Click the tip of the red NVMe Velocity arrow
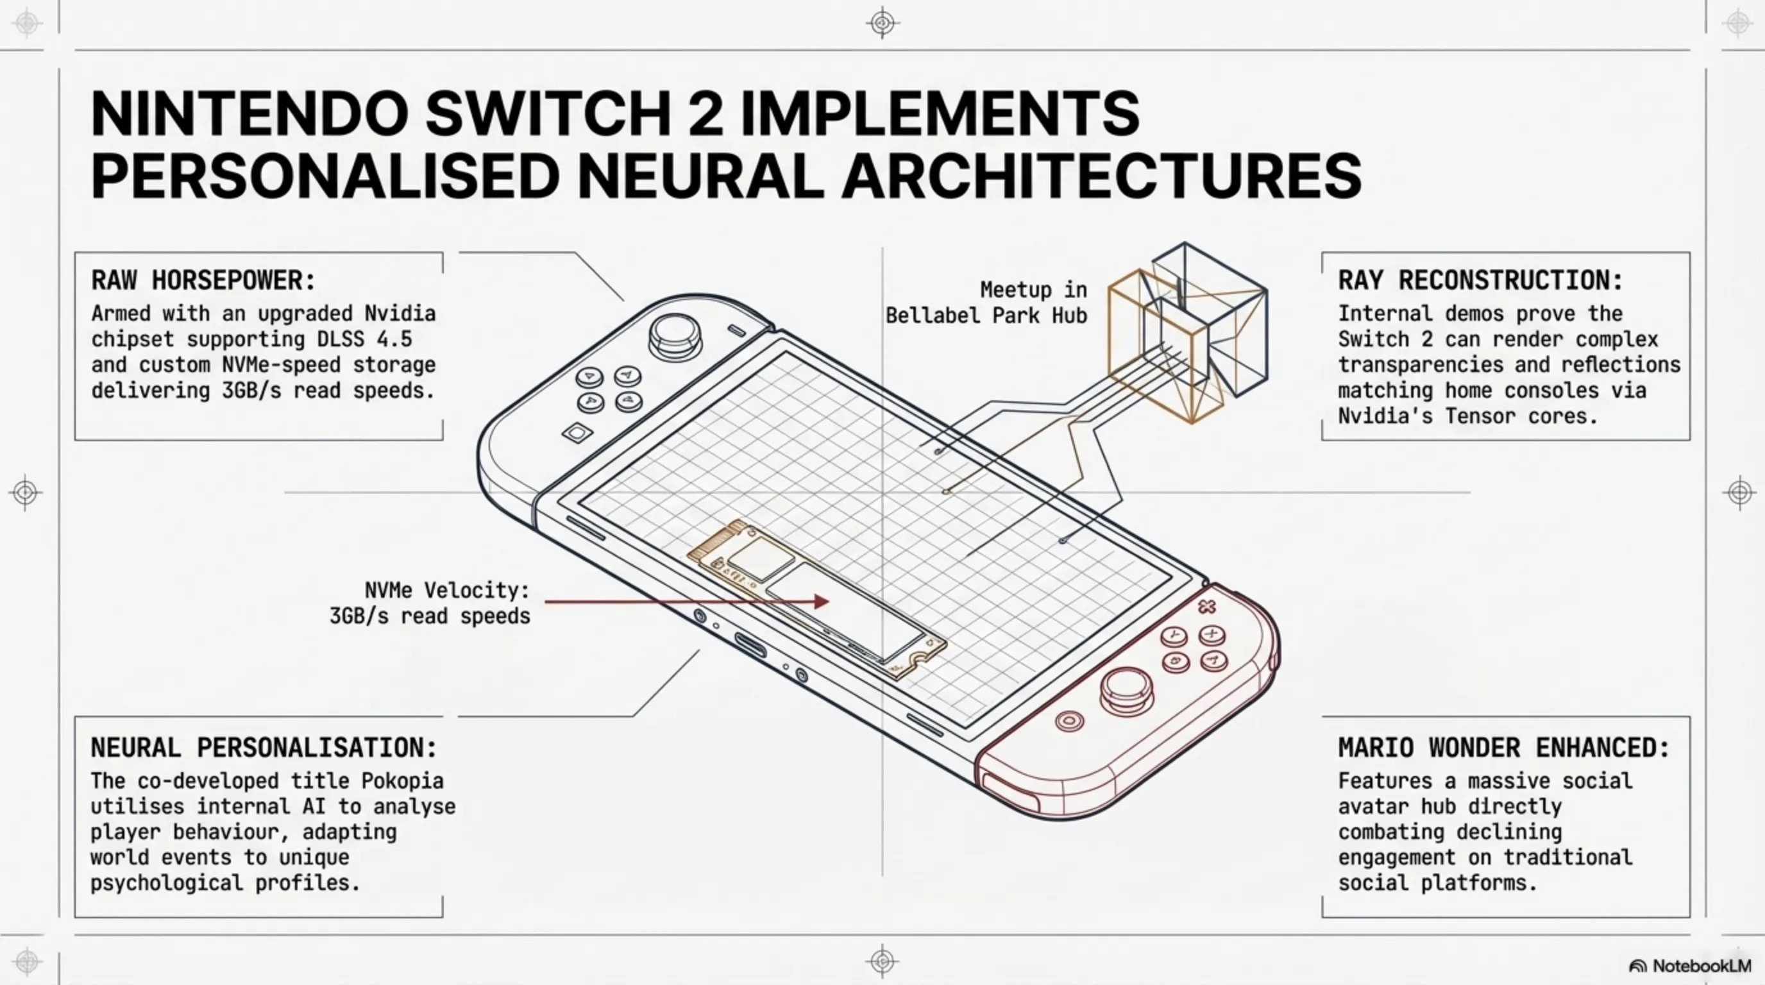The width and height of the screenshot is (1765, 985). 829,602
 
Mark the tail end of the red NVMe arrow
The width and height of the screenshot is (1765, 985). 546,602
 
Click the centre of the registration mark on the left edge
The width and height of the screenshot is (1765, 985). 26,492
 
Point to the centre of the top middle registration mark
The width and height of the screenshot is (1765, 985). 882,22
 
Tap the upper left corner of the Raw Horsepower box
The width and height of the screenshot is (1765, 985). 76,253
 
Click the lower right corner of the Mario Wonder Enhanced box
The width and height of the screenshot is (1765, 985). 1689,917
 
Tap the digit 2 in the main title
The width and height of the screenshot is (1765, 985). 705,113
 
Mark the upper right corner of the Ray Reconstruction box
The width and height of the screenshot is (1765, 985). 1689,253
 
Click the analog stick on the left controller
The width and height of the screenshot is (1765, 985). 675,335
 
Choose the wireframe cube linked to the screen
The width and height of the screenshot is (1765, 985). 1188,332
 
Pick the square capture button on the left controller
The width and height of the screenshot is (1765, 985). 577,433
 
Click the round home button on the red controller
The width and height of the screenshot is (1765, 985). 1070,721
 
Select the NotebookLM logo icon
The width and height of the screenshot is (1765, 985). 1637,966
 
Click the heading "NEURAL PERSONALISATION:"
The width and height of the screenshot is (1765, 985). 264,747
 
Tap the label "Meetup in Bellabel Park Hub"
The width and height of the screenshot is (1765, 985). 986,302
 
